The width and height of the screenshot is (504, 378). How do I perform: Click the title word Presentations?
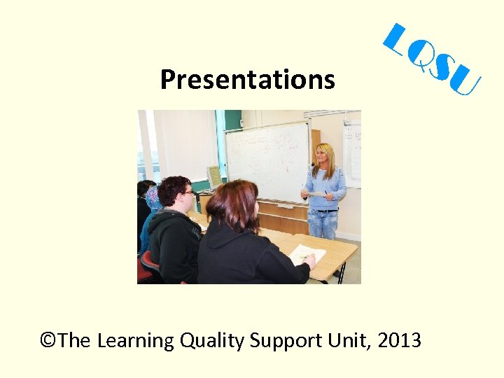click(x=247, y=80)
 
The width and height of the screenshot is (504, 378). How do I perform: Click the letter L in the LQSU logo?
click(x=399, y=41)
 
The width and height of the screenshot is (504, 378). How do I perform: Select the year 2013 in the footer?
click(x=399, y=341)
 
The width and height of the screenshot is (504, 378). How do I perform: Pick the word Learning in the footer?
click(x=136, y=341)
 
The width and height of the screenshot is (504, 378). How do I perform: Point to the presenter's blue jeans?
click(x=324, y=223)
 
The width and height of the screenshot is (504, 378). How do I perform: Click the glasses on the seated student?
click(x=186, y=192)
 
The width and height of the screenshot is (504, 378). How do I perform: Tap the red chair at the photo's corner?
click(x=148, y=267)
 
